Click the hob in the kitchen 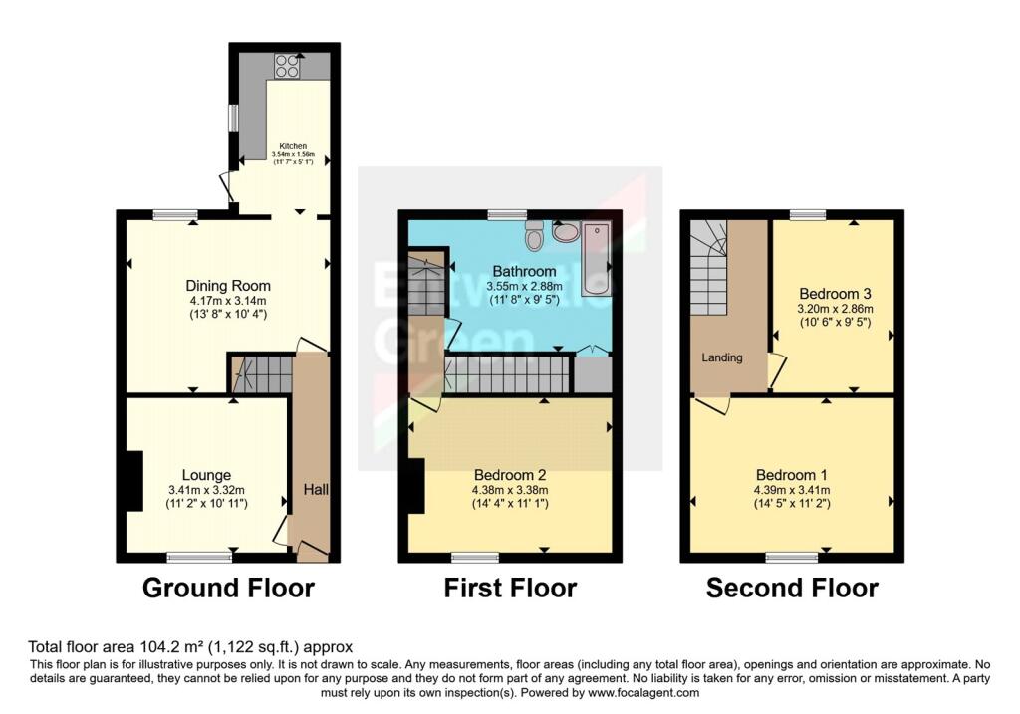pos(285,65)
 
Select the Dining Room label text pos(228,286)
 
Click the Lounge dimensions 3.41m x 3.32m pos(206,490)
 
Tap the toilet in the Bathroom pos(534,237)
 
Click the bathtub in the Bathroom pos(598,257)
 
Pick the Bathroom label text pos(524,271)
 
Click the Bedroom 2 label pos(509,474)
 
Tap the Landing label pos(722,357)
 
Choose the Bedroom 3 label pos(835,294)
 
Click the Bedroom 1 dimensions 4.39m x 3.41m pos(791,490)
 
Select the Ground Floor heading pos(228,588)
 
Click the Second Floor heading pos(792,588)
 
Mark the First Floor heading pos(510,588)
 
